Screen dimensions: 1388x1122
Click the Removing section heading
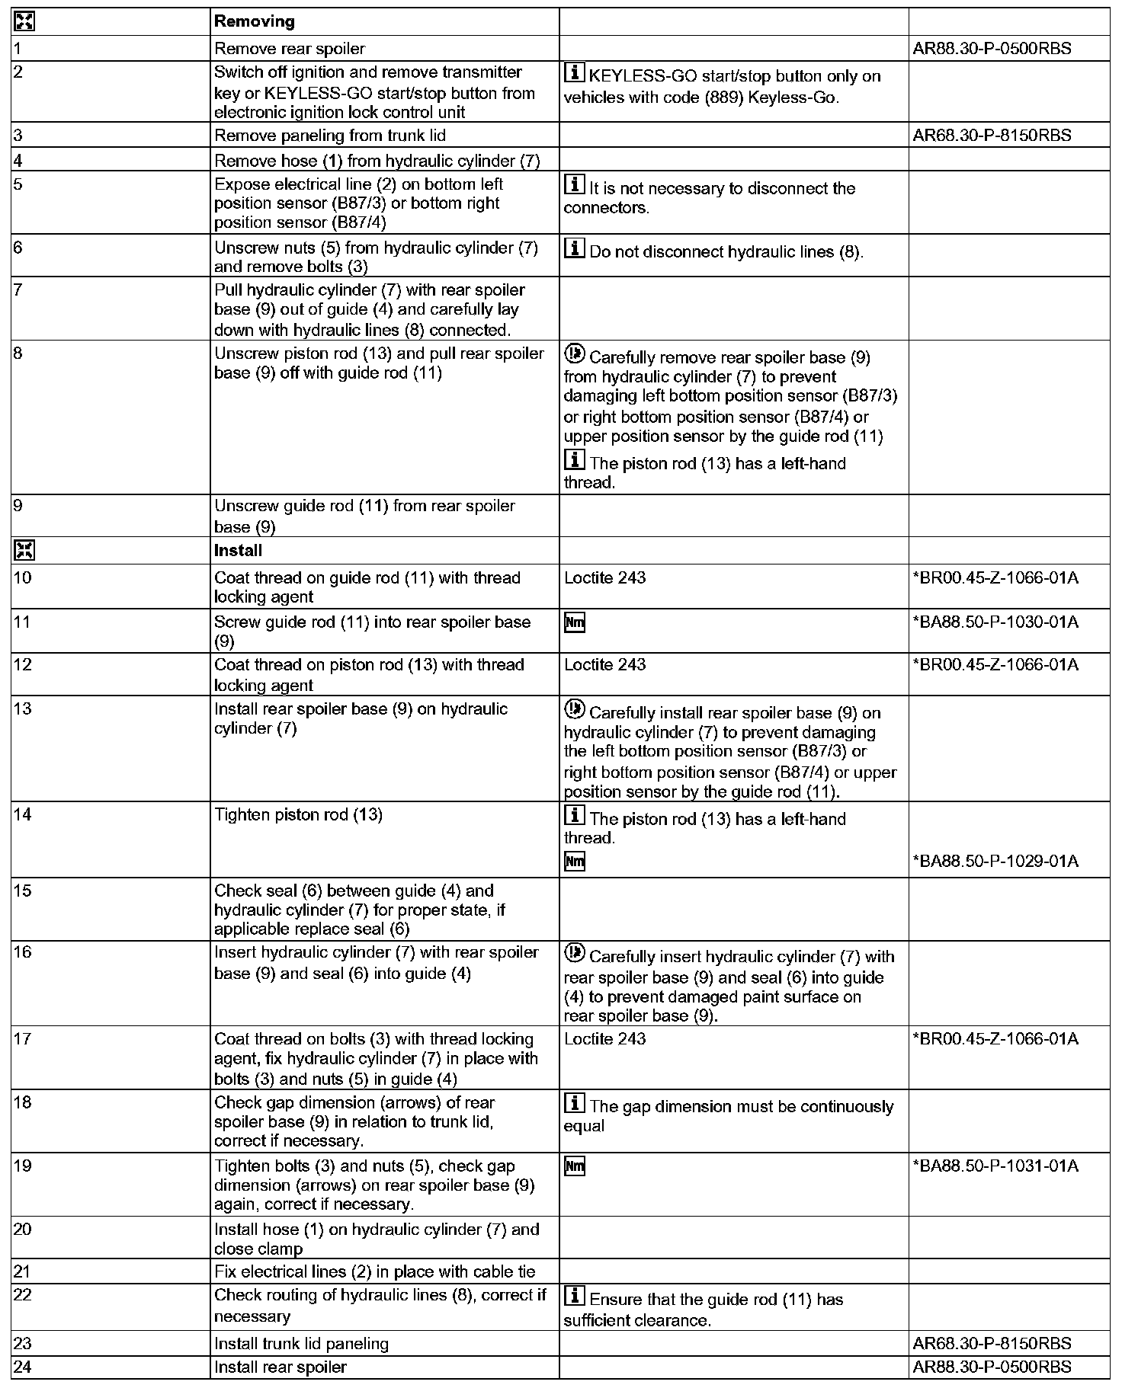tap(255, 22)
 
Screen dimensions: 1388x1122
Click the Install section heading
tap(238, 551)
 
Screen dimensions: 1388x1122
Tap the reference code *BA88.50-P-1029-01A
tap(995, 862)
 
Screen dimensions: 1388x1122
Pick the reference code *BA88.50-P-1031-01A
tap(995, 1166)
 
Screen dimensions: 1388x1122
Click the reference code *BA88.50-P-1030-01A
tap(995, 622)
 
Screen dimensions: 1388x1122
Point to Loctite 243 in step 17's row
tap(604, 1039)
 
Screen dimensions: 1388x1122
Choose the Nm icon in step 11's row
tap(575, 623)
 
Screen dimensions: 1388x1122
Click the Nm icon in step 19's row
tap(575, 1166)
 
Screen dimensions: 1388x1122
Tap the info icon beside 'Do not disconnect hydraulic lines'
tap(574, 248)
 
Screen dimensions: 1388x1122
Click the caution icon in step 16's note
tap(574, 953)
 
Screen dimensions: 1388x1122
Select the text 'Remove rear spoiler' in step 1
tap(290, 49)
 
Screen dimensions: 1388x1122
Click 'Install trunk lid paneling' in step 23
tap(301, 1344)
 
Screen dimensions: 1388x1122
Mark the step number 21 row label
tap(23, 1271)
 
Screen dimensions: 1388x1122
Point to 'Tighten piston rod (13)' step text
tap(298, 815)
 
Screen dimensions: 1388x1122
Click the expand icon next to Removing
tap(24, 22)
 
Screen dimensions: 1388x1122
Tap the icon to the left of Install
tap(24, 551)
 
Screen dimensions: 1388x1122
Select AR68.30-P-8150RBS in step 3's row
tap(992, 136)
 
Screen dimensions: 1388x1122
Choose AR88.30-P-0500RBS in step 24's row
tap(992, 1367)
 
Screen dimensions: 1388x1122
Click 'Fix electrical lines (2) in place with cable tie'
tap(374, 1271)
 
